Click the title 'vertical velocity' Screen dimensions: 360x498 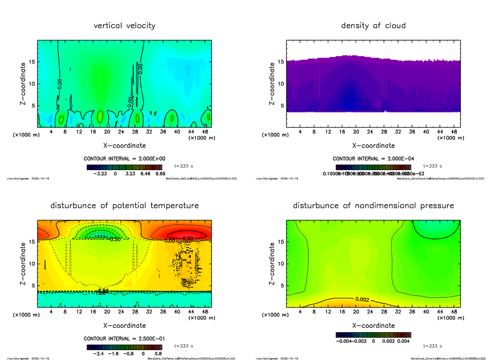(x=124, y=26)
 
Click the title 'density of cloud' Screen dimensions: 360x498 (x=373, y=26)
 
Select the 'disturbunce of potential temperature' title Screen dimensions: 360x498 (x=124, y=206)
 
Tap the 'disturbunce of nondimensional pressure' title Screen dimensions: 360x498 (x=373, y=206)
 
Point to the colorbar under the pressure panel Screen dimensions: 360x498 (x=373, y=334)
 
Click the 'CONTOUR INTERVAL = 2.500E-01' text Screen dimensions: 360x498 (x=124, y=339)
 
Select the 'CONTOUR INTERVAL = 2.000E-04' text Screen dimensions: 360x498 (x=373, y=159)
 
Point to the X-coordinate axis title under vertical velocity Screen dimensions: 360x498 (x=124, y=146)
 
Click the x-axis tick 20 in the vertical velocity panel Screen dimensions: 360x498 (x=107, y=132)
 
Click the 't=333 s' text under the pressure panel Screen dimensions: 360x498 (x=433, y=345)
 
